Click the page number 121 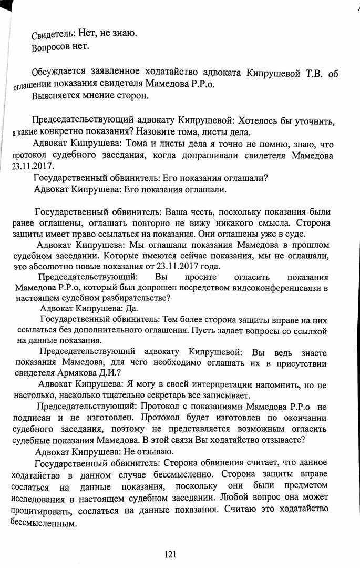[170, 554]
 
